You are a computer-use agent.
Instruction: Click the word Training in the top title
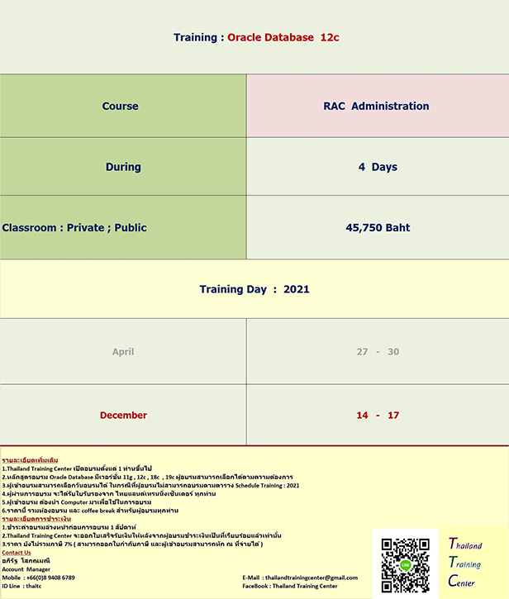[x=196, y=37]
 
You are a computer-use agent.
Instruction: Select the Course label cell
[x=121, y=106]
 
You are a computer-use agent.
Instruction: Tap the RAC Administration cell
[x=377, y=106]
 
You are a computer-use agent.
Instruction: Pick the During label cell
[x=123, y=167]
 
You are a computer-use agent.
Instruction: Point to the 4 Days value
[x=378, y=167]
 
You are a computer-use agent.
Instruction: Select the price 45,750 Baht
[x=378, y=227]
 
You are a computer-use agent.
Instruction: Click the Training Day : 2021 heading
[x=254, y=289]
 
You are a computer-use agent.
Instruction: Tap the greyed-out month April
[x=123, y=352]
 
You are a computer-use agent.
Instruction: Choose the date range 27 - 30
[x=378, y=352]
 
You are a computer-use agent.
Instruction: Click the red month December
[x=123, y=415]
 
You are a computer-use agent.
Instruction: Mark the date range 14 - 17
[x=378, y=415]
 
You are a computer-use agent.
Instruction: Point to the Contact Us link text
[x=17, y=553]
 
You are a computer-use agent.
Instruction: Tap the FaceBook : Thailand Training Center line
[x=290, y=586]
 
